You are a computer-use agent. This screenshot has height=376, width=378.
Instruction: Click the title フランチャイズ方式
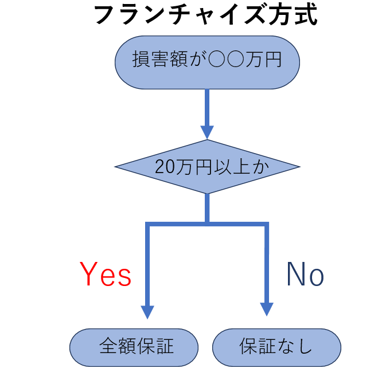pyautogui.click(x=205, y=15)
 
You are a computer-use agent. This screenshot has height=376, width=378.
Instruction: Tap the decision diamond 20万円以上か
pyautogui.click(x=207, y=167)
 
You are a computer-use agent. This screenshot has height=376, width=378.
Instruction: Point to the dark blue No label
pyautogui.click(x=305, y=275)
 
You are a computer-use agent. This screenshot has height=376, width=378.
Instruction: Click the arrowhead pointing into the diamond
pyautogui.click(x=207, y=132)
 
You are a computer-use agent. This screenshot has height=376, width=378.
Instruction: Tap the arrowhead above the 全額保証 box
pyautogui.click(x=148, y=311)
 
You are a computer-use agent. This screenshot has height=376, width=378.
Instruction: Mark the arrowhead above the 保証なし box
pyautogui.click(x=266, y=310)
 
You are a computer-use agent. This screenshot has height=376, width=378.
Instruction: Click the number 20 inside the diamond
pyautogui.click(x=163, y=167)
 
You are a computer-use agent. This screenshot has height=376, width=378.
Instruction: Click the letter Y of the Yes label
pyautogui.click(x=88, y=275)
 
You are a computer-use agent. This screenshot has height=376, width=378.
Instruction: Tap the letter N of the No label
pyautogui.click(x=295, y=275)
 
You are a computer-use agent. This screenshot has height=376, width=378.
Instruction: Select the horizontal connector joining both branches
pyautogui.click(x=207, y=224)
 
